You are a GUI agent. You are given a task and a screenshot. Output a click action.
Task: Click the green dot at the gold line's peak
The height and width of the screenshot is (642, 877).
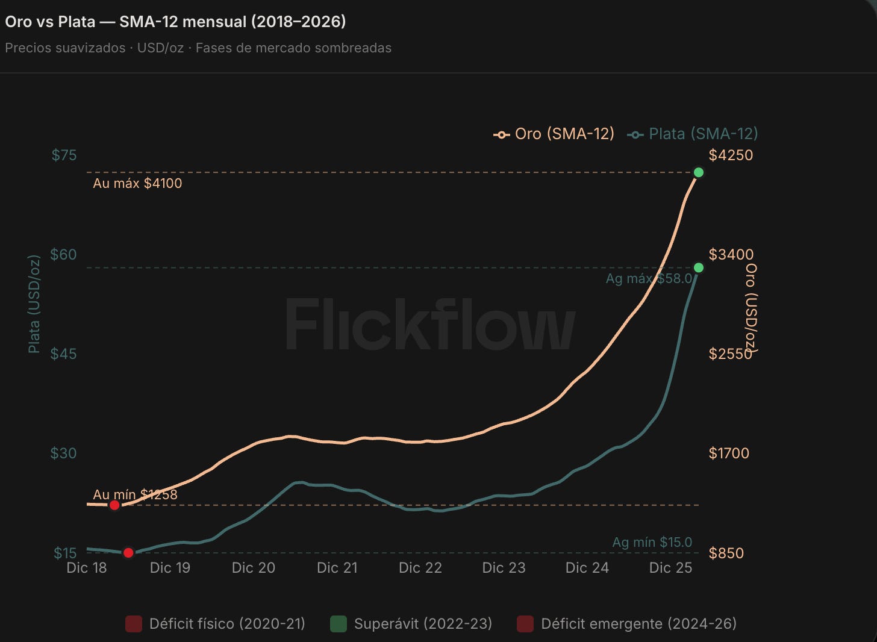point(699,172)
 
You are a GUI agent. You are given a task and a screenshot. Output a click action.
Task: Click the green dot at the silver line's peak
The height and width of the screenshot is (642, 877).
point(699,268)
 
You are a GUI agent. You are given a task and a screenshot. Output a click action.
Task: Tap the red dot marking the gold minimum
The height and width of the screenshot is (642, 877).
point(114,505)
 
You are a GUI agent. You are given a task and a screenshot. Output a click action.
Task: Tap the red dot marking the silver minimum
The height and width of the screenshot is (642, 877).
point(128,553)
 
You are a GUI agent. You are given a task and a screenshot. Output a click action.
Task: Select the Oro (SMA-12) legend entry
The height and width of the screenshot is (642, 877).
point(554,134)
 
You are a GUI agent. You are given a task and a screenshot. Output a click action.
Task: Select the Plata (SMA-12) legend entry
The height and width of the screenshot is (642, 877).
point(693,134)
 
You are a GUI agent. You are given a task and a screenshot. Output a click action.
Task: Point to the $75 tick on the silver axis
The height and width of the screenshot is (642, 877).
point(64,155)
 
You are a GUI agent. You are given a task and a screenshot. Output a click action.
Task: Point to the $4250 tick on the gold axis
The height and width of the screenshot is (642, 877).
point(731,155)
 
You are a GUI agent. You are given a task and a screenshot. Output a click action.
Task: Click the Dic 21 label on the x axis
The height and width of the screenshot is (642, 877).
point(337,567)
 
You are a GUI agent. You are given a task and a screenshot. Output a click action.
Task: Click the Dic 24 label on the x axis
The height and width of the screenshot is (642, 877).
point(587,567)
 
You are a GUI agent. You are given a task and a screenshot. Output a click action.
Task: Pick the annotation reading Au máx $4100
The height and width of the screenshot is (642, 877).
point(137,183)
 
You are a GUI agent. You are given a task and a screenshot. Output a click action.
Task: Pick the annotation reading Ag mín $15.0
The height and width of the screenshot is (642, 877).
point(652,542)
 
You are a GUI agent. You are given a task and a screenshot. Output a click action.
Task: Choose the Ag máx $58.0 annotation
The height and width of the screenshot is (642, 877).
point(649,278)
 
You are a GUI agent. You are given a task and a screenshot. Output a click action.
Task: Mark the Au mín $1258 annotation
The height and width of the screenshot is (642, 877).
point(135,494)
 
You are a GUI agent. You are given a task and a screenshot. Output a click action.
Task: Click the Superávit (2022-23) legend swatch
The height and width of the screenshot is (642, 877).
point(339,624)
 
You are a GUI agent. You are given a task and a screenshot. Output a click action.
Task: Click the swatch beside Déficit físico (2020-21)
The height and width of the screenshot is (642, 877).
point(134,624)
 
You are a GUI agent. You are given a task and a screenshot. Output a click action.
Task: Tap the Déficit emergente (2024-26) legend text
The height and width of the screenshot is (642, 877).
point(638,624)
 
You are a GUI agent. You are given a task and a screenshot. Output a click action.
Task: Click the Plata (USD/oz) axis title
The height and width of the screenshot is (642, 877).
point(34,304)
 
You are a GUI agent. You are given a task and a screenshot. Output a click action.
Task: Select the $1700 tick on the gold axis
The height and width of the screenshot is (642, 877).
point(729,453)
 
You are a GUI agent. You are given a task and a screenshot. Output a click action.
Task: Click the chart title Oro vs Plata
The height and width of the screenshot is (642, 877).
point(50,22)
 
